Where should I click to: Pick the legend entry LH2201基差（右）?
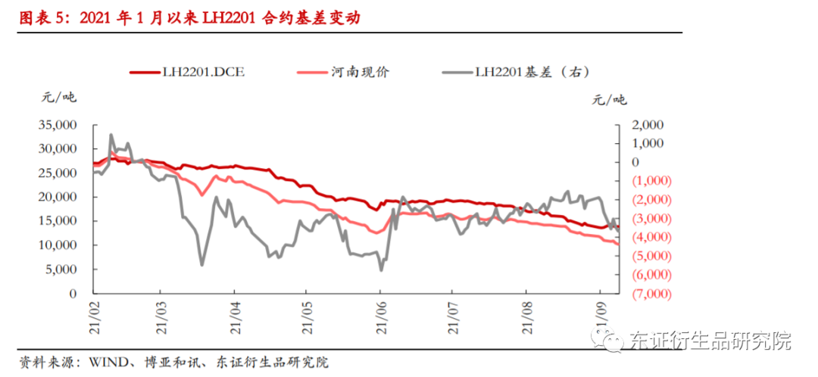click(530, 73)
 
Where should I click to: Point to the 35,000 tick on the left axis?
click(57, 125)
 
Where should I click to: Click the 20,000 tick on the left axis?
click(57, 197)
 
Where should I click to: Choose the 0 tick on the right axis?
click(635, 162)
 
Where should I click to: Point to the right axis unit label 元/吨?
click(610, 99)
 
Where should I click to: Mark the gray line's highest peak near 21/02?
click(111, 135)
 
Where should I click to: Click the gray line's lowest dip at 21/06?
click(381, 270)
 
